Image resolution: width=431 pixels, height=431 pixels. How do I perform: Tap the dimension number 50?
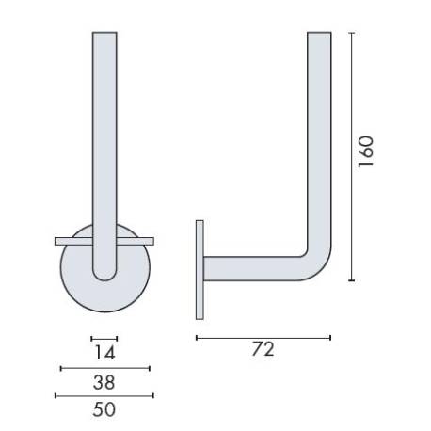click(104, 409)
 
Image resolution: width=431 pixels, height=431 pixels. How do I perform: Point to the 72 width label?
click(263, 349)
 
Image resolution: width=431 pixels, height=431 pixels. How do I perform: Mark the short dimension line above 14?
click(104, 338)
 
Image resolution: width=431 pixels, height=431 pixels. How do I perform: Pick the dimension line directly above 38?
click(104, 368)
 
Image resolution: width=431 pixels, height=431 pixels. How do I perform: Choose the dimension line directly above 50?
click(104, 395)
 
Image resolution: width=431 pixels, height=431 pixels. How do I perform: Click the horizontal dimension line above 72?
click(263, 337)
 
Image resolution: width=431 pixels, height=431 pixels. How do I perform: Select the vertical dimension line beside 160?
click(351, 156)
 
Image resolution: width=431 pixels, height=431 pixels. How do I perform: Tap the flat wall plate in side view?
click(199, 269)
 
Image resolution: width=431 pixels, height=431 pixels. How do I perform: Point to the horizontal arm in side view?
click(254, 269)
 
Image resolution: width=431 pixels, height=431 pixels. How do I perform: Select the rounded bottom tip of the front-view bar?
click(104, 276)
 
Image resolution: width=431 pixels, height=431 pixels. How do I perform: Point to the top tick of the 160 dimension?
click(351, 33)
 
